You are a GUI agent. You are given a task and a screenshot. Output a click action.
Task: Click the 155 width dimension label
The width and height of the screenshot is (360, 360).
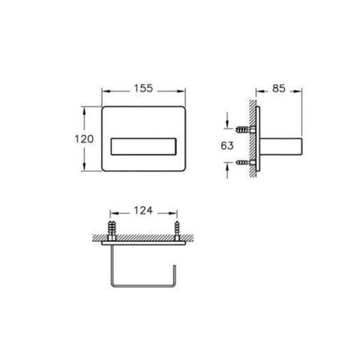[143, 88]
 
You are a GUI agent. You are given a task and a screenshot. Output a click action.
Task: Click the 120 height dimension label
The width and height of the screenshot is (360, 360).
[84, 139]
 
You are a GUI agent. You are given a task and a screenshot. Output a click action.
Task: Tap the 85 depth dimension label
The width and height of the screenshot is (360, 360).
[279, 88]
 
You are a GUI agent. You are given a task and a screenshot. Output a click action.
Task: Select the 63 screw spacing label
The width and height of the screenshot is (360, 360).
[227, 145]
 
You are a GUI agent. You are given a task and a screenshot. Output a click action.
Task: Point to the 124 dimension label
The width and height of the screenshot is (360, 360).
[143, 211]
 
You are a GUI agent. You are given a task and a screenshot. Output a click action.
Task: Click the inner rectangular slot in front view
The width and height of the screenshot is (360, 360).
[143, 146]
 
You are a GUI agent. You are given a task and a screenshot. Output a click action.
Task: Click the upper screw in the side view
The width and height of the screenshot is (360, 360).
[245, 130]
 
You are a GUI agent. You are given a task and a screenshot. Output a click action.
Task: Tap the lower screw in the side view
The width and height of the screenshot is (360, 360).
[245, 163]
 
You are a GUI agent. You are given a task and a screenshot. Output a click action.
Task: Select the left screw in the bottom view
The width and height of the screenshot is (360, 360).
[112, 230]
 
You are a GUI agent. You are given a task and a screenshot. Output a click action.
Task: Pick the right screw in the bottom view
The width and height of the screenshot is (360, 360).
[177, 230]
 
